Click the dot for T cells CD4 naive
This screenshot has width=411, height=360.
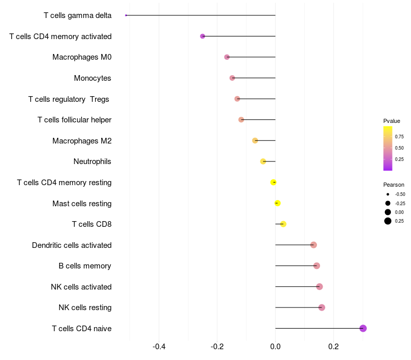363,328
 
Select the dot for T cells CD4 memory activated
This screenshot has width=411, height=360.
202,36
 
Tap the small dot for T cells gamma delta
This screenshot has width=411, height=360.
126,15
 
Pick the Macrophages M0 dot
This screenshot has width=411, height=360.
227,57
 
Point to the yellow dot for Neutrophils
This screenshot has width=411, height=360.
263,161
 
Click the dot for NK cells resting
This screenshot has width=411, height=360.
322,308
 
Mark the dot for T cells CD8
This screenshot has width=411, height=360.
283,224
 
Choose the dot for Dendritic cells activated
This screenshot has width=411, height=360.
313,245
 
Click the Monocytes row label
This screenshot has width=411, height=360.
92,78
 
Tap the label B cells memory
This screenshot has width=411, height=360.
85,266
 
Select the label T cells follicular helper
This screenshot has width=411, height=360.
74,120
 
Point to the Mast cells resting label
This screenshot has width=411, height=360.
82,204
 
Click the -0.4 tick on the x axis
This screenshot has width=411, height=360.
159,346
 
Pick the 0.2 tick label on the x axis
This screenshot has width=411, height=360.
333,346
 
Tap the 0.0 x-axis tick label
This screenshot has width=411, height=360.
275,346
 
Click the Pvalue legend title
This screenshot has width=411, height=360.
391,121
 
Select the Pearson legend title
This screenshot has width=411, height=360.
394,185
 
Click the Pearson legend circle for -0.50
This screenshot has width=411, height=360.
388,194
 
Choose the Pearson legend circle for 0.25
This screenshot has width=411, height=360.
388,221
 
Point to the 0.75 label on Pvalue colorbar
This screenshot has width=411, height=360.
399,137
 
